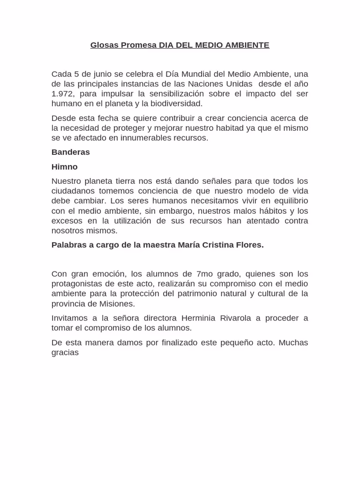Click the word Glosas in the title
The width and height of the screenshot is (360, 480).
tap(105, 45)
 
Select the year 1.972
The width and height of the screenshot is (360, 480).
tap(63, 94)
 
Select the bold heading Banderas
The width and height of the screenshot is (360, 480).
tap(70, 152)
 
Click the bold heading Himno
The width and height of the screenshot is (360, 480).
tap(64, 167)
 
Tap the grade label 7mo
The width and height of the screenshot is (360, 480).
tap(205, 274)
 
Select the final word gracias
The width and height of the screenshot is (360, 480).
tap(65, 352)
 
